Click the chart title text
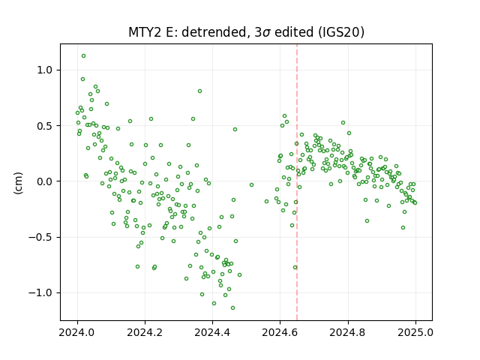click(247, 32)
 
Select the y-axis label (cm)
click(18, 183)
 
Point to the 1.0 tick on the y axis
click(45, 70)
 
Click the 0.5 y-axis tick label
click(45, 126)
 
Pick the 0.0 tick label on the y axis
click(45, 181)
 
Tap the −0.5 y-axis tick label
click(41, 237)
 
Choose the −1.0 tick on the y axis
click(41, 293)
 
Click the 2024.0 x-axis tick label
click(77, 332)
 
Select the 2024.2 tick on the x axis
click(145, 332)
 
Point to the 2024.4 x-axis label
click(212, 332)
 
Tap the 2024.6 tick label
click(280, 332)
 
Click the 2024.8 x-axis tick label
click(348, 332)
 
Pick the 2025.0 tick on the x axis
click(415, 332)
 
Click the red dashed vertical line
click(297, 182)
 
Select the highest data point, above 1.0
click(83, 56)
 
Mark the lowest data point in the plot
click(233, 308)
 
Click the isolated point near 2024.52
click(252, 185)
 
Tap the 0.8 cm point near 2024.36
click(200, 91)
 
